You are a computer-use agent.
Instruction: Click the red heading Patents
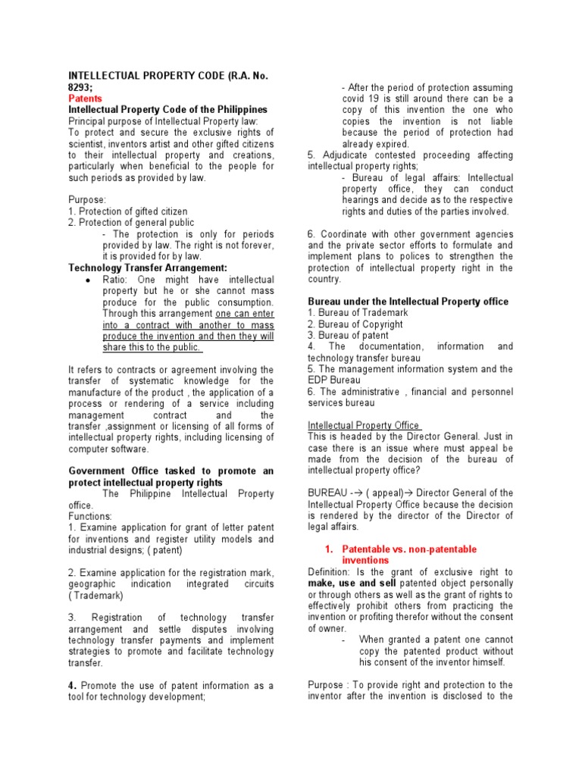[85, 99]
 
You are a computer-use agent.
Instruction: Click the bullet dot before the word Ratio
[90, 280]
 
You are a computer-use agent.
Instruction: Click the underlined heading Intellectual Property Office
[365, 425]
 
